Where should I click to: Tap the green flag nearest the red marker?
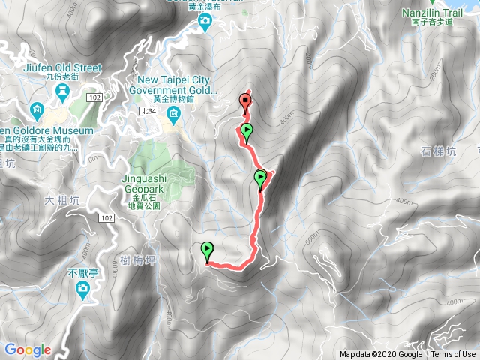247,132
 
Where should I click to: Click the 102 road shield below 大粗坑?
105,217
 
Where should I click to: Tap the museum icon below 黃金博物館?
174,114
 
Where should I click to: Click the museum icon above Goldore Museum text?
36,112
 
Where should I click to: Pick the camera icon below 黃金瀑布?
205,24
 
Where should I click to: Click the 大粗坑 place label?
61,200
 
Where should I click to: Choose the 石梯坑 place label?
439,151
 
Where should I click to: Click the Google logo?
28,349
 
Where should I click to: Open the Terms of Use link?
452,355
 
